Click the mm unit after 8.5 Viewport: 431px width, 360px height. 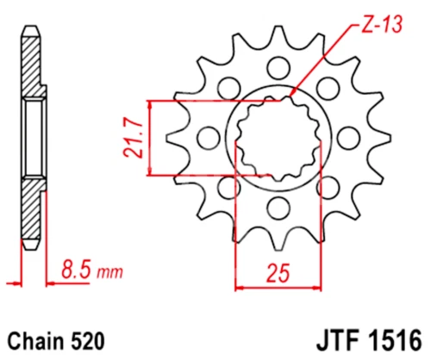(x=108, y=274)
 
